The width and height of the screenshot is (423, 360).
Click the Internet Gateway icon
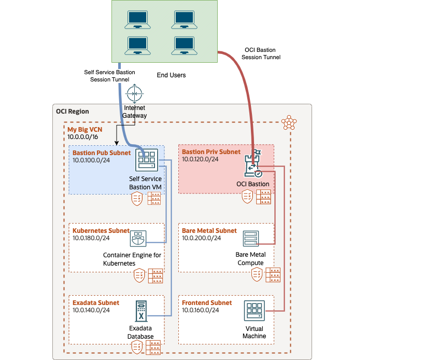click(x=134, y=94)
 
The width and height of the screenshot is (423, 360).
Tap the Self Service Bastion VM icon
click(x=146, y=160)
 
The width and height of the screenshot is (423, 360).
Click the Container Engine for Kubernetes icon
click(x=138, y=239)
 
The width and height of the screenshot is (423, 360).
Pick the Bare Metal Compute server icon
click(x=250, y=239)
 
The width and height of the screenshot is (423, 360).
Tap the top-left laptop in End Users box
click(x=138, y=20)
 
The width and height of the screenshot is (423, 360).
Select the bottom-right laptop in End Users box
click(x=185, y=45)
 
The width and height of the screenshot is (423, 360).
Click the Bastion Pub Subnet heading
click(x=102, y=153)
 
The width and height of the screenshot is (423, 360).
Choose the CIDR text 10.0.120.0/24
click(x=200, y=159)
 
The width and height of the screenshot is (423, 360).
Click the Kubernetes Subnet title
click(x=101, y=230)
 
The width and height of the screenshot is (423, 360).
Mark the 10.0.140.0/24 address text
click(x=91, y=310)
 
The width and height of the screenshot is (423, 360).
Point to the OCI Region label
click(x=72, y=112)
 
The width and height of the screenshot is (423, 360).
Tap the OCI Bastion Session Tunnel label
click(x=261, y=53)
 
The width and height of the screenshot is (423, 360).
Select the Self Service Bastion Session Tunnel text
click(x=109, y=76)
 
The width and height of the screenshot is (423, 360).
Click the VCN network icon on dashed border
click(x=289, y=123)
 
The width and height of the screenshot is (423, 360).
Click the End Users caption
click(x=171, y=75)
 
